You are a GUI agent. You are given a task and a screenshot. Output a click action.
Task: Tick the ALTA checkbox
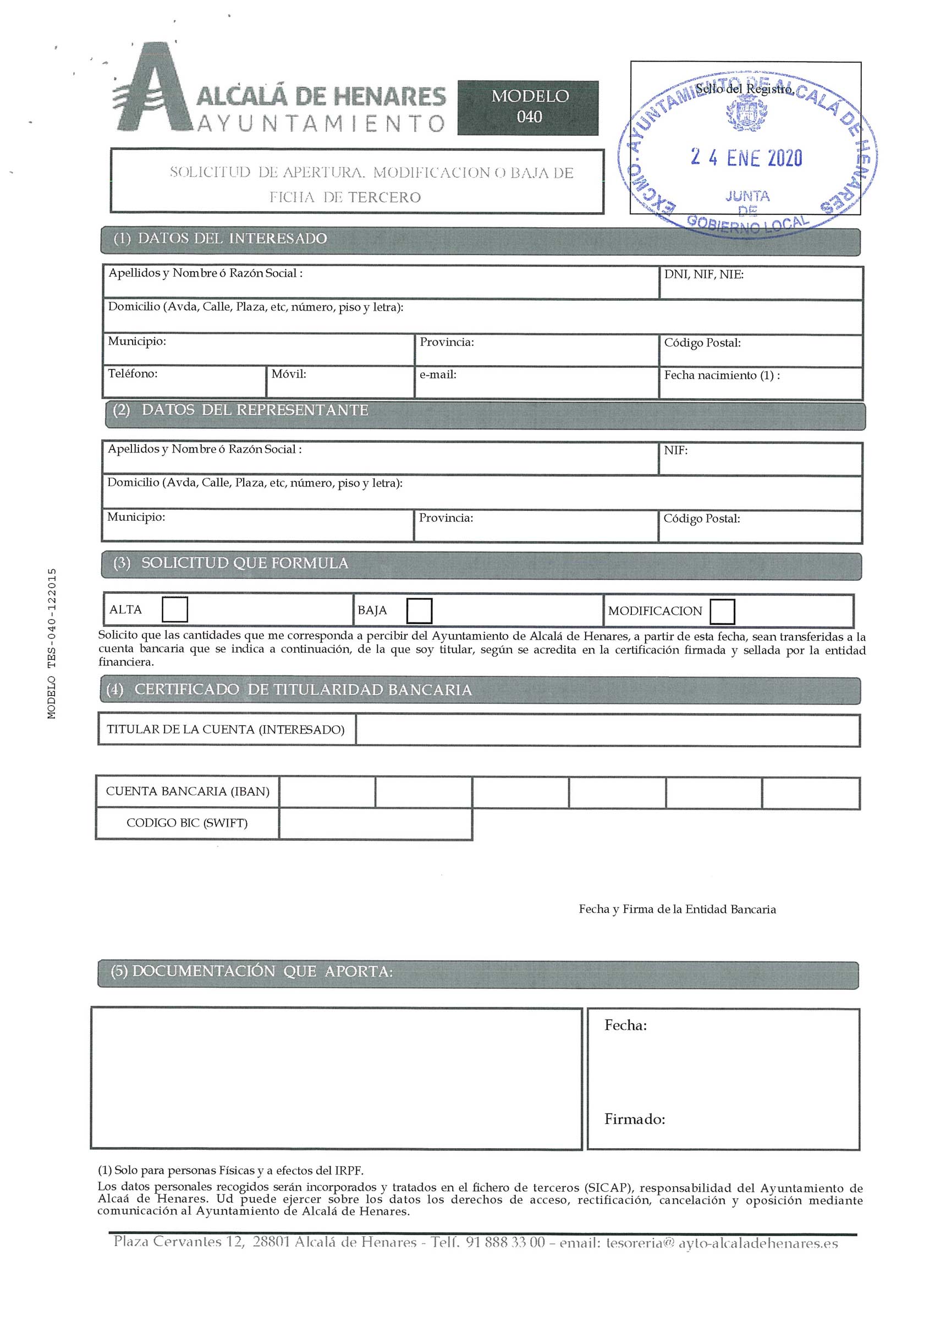[x=174, y=610]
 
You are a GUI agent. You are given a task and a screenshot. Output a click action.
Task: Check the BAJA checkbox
[x=419, y=610]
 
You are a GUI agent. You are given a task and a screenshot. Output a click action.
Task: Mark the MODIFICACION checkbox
[x=722, y=612]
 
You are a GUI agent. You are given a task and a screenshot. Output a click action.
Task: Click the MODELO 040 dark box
[x=528, y=108]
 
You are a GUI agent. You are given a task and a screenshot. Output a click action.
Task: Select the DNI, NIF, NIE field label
[x=703, y=274]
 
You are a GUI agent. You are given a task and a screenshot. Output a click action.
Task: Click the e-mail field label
[x=438, y=375]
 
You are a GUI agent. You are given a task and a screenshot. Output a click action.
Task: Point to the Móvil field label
[x=288, y=374]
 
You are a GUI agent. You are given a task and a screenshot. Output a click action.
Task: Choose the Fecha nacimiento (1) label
[x=722, y=376]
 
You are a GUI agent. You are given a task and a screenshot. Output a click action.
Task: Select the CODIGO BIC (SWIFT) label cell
[x=187, y=823]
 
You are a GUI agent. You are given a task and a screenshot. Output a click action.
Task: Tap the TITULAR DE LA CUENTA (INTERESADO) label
[x=225, y=730]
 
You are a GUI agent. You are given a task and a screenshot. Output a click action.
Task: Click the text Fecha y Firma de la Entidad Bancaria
[x=677, y=909]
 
